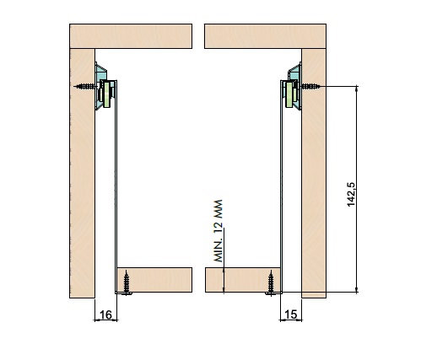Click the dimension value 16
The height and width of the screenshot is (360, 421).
105,315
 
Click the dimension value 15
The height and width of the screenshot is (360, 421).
291,314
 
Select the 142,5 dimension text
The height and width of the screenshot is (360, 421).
351,195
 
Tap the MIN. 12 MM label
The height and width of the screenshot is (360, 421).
219,231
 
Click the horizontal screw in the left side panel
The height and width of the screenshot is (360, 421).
85,86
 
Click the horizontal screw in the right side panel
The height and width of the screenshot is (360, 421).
311,86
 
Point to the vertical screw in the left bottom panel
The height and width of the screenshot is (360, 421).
127,282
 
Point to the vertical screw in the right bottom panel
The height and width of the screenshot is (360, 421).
271,282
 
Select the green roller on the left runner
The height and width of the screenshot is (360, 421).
106,94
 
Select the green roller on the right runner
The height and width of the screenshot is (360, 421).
289,94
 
